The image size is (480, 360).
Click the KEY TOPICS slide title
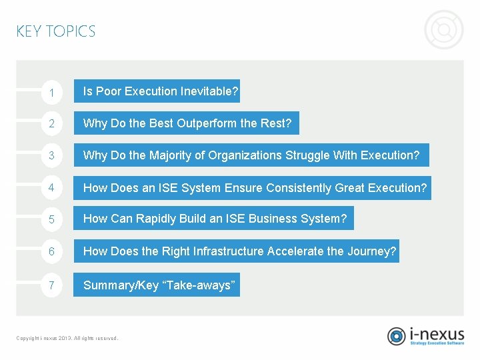click(56, 31)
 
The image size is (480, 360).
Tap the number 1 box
click(51, 92)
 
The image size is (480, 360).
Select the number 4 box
click(51, 188)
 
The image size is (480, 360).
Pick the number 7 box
click(51, 285)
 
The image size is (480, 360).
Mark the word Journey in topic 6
click(374, 251)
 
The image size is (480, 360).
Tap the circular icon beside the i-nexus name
click(397, 336)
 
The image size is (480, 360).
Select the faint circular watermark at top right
click(444, 30)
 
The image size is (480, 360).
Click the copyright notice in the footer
click(67, 338)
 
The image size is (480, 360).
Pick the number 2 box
click(51, 123)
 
